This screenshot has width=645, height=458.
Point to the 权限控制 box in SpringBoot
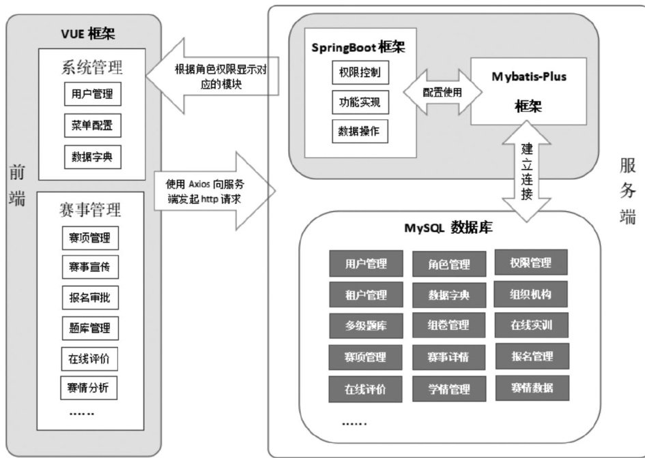point(360,72)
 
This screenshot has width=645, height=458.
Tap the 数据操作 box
point(360,131)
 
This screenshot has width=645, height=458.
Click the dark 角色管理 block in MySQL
point(450,264)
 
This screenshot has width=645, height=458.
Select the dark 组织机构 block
point(530,294)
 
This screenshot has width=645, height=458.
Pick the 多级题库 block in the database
point(366,325)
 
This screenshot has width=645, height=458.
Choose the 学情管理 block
point(450,389)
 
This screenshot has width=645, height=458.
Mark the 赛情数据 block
point(530,387)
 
